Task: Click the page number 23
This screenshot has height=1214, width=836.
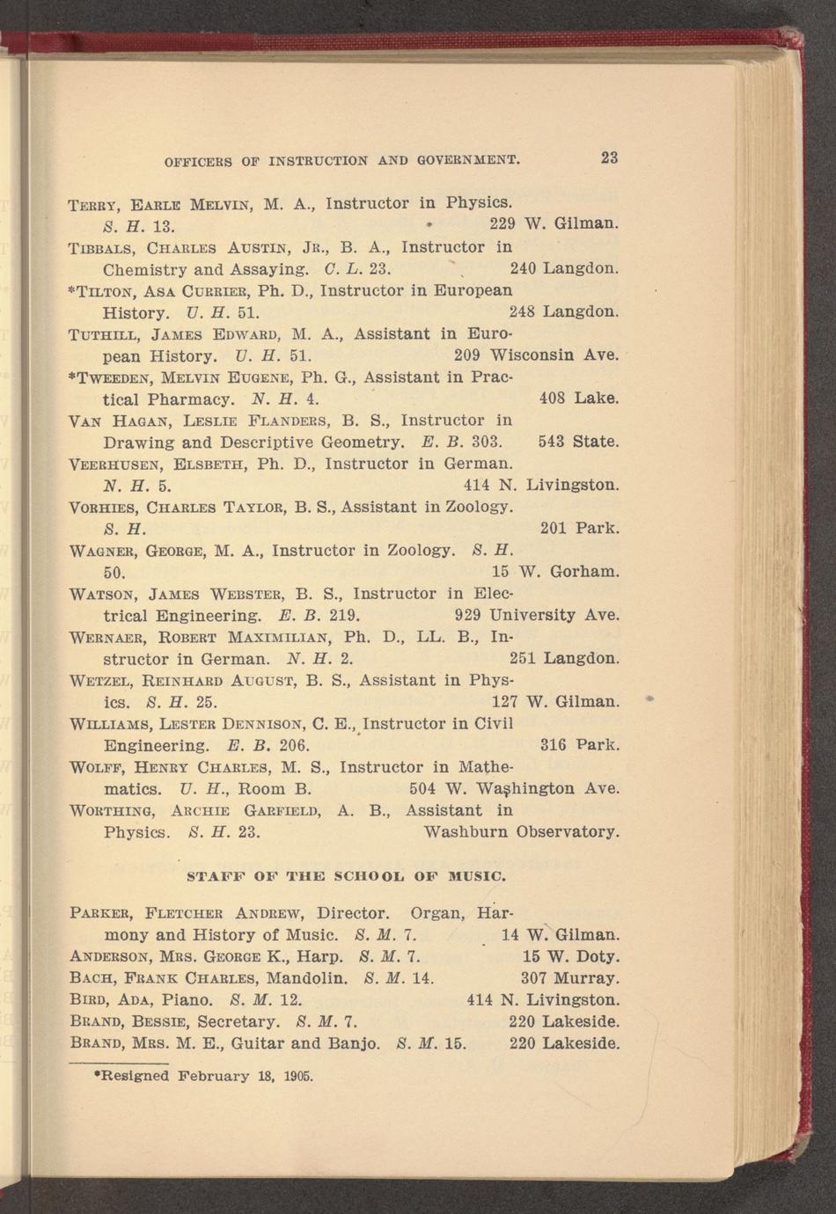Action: pyautogui.click(x=609, y=158)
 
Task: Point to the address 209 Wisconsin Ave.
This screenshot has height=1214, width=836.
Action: pyautogui.click(x=537, y=356)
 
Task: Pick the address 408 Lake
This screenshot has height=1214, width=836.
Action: pyautogui.click(x=579, y=399)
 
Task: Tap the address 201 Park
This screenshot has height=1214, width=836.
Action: pyautogui.click(x=579, y=529)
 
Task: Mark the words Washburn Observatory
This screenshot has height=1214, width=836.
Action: pyautogui.click(x=522, y=831)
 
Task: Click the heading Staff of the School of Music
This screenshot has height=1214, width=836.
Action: pyautogui.click(x=347, y=876)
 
